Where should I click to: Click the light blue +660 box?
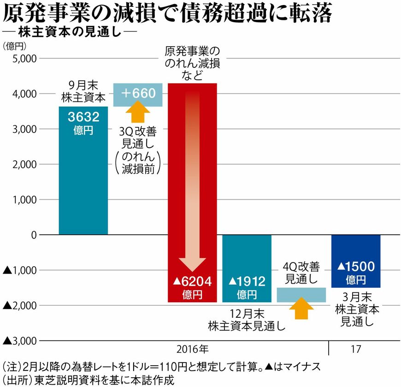coord(137,95)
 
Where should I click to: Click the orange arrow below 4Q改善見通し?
coord(301,308)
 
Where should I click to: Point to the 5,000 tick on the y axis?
coord(23,59)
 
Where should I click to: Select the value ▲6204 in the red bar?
coord(192,281)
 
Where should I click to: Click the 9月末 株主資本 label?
coord(83,91)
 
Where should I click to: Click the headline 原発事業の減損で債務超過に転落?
coord(167,14)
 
